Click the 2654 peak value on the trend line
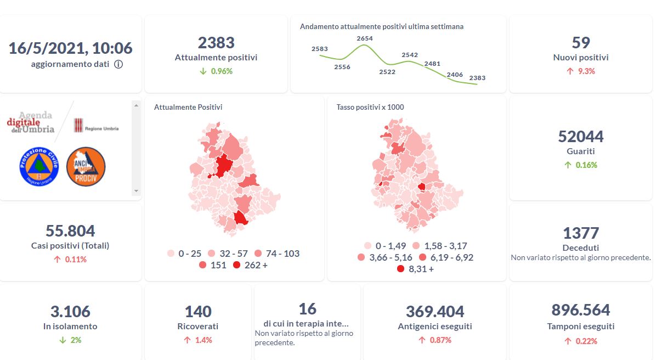pos(364,38)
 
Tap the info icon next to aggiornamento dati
pos(118,64)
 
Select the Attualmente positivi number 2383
pos(216,43)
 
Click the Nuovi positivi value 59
pos(580,43)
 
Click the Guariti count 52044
pos(580,136)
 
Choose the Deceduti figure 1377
pos(580,233)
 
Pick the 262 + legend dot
pos(236,266)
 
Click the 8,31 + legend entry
pos(415,269)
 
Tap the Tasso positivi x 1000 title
pos(370,107)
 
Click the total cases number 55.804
pos(70,230)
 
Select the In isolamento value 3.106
pos(70,311)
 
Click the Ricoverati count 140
pos(198,311)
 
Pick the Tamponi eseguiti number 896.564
pos(580,310)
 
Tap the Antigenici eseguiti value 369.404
pos(435,311)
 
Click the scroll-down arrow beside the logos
pos(136,191)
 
